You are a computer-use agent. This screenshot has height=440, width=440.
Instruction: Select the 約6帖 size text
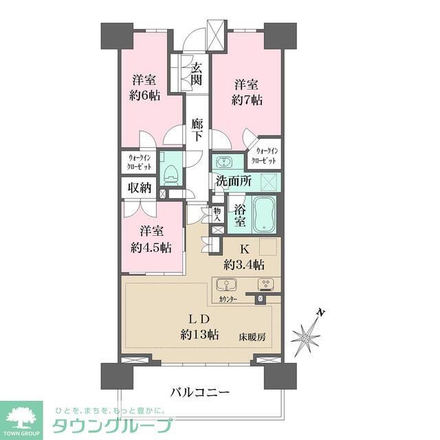coord(145,96)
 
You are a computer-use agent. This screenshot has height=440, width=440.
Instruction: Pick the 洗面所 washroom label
coord(234,181)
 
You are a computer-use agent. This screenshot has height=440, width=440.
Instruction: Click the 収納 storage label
coord(140,188)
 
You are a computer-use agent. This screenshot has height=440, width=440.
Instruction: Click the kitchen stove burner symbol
coord(265,285)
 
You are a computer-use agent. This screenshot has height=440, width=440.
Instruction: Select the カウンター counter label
coord(228,300)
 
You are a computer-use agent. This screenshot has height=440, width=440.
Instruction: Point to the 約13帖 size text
coord(200,335)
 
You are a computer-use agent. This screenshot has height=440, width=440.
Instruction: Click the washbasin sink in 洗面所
coord(223,163)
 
